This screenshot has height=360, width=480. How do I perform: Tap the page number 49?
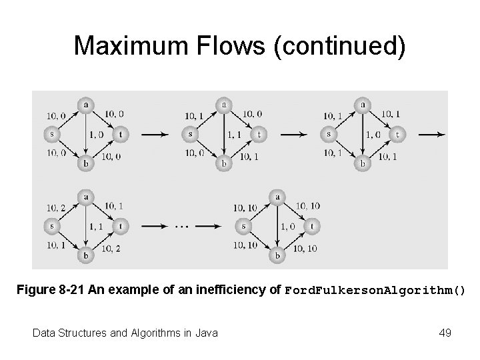point(445,332)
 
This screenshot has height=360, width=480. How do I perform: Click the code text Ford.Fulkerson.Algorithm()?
point(375,291)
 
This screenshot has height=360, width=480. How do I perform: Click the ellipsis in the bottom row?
point(182,226)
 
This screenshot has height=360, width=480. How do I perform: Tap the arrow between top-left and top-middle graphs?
point(155,135)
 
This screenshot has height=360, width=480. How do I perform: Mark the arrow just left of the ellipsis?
point(155,226)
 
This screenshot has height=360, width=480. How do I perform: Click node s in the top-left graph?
point(51,133)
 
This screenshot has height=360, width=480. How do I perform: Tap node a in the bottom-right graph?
point(277,197)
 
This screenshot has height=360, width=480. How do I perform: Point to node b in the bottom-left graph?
point(85,255)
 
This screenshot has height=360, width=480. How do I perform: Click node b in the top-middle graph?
point(224,163)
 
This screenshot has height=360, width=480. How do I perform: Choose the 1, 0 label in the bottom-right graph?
point(288,226)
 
